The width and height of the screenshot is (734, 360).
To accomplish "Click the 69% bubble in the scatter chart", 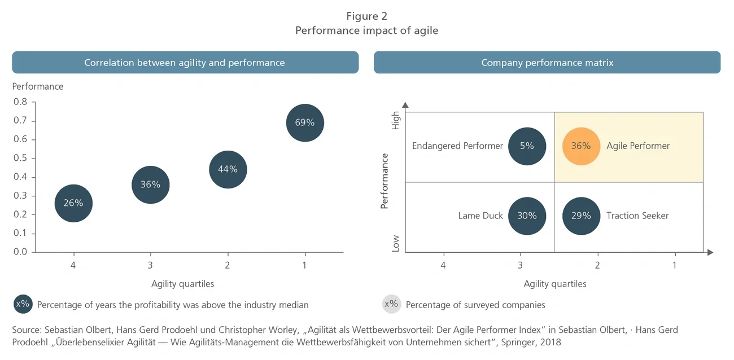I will click(305, 122).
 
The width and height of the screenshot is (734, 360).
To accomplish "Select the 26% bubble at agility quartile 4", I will click(73, 203).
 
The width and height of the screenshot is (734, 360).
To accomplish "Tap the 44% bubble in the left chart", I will click(228, 169).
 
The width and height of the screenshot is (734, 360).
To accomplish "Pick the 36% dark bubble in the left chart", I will click(150, 185).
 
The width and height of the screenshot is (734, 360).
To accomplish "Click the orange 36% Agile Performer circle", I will click(581, 146).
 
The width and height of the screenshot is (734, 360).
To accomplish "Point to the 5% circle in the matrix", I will click(527, 146).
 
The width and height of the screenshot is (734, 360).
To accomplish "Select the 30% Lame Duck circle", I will click(527, 216).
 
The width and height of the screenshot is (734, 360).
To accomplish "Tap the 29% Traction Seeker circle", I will click(581, 216).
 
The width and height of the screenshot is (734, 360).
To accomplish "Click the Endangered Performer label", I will click(457, 146).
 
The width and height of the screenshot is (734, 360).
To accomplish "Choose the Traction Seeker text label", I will click(637, 216).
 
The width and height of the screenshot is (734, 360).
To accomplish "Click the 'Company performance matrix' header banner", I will click(547, 63).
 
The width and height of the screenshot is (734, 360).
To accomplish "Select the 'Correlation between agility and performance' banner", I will click(185, 63).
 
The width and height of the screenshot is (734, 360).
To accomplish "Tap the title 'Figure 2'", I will click(366, 16).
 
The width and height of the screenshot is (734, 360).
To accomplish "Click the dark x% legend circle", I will click(23, 304).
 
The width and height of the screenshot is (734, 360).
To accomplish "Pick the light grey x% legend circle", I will click(391, 304).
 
